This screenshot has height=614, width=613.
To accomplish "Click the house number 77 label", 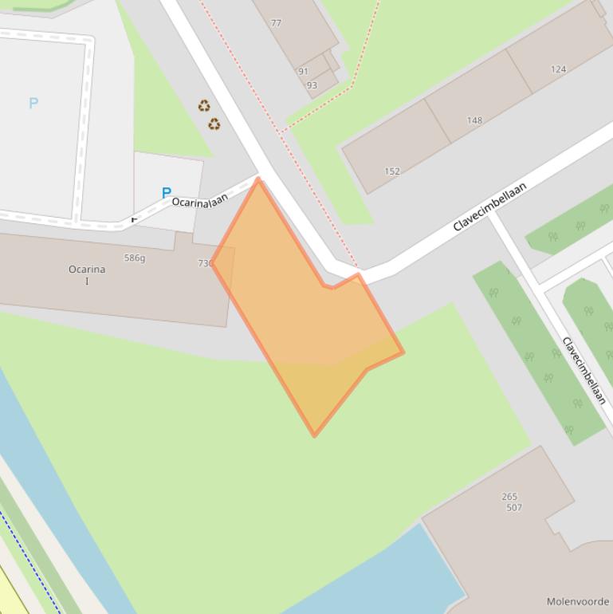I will [x=276, y=23].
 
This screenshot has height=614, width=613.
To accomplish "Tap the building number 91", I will [x=303, y=71].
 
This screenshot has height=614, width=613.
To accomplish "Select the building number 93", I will [x=312, y=85].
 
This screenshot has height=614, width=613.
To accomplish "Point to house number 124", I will [x=558, y=69].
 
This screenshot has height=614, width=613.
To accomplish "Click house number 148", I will [x=474, y=120].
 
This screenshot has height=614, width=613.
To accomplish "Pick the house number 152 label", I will [x=392, y=171].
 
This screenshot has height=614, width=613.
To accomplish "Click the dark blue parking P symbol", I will [x=166, y=192].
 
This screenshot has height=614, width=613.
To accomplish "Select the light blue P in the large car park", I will [x=33, y=103].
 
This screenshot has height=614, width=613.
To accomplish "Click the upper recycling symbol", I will [x=204, y=105].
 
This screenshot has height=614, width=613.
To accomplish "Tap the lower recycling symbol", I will [x=214, y=124].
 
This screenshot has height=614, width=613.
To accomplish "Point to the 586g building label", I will [x=135, y=258].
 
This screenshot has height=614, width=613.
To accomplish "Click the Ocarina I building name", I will [x=87, y=274].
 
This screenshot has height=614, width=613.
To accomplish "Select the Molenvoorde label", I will [x=578, y=601].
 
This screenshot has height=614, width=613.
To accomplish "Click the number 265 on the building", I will [x=509, y=496].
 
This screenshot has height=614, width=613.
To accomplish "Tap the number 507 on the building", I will [x=513, y=507].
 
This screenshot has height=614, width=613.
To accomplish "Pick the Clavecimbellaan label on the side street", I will [x=584, y=371].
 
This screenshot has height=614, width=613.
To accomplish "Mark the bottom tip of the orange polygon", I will [x=314, y=435].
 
